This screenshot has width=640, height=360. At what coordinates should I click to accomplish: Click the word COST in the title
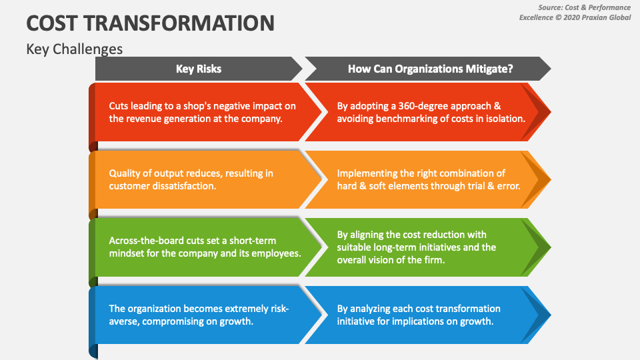point(52,23)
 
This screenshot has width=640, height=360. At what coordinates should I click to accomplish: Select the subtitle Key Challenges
point(74,49)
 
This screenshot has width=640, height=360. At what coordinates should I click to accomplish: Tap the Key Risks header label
point(199,69)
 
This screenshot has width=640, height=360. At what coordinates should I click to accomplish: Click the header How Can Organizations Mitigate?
point(430,69)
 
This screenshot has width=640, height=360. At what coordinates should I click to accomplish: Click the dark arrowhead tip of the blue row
point(551,315)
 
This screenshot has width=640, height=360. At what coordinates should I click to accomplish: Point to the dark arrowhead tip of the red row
point(551,112)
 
